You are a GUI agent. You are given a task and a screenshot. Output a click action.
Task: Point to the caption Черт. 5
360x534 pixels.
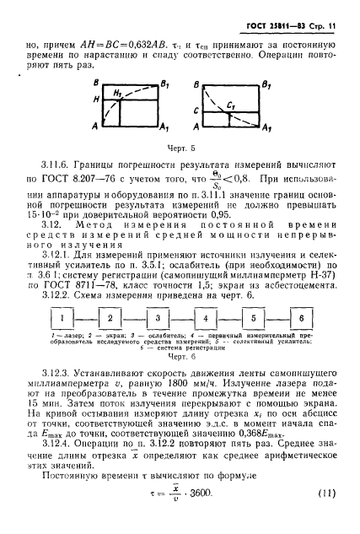pos(180,148)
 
